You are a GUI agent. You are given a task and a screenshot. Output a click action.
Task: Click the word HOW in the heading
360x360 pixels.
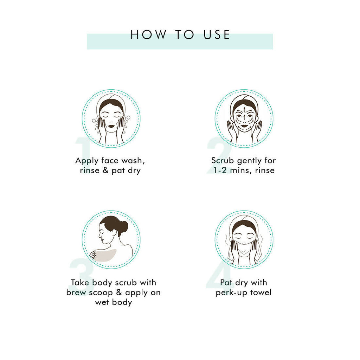tap(148, 35)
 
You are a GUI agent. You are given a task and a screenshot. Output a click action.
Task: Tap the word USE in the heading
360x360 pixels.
tap(217, 35)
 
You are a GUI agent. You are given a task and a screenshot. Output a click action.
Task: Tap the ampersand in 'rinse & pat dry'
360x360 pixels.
tap(105, 170)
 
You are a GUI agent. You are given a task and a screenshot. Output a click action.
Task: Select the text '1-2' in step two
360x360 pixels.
tap(220, 171)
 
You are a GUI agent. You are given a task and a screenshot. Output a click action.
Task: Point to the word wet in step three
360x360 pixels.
tap(102, 302)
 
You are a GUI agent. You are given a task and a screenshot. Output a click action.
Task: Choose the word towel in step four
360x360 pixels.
tap(261, 292)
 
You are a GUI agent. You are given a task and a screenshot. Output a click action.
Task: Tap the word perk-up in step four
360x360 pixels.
tap(232, 293)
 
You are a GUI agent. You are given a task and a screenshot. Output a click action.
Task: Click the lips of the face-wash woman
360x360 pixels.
tap(111, 126)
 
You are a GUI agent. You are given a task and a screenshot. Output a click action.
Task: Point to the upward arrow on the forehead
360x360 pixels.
tap(244, 112)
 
